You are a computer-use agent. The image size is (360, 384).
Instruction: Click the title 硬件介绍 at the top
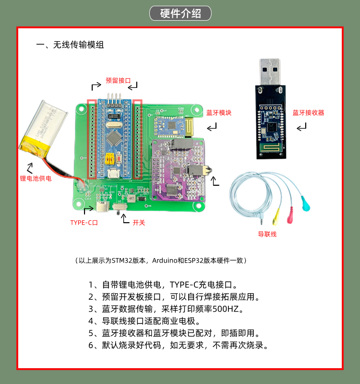pyautogui.click(x=180, y=13)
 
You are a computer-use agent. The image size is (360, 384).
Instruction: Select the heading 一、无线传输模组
pyautogui.click(x=70, y=45)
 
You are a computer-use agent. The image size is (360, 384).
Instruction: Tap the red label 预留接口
pyautogui.click(x=118, y=81)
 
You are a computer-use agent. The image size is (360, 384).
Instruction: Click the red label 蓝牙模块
pyautogui.click(x=219, y=113)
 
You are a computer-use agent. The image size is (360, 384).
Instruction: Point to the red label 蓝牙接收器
pyautogui.click(x=308, y=113)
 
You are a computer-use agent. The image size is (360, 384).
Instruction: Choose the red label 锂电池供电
pyautogui.click(x=36, y=178)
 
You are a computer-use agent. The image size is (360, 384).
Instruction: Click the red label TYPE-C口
pyautogui.click(x=84, y=223)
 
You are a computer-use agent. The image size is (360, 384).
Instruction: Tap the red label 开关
pyautogui.click(x=139, y=223)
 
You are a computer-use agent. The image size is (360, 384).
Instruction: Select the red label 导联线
pyautogui.click(x=267, y=234)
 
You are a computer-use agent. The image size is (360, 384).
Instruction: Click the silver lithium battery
pyautogui.click(x=43, y=129)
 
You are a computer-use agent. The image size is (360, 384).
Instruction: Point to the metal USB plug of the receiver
pyautogui.click(x=270, y=72)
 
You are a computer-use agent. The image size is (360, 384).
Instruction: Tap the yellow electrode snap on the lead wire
pyautogui.click(x=276, y=217)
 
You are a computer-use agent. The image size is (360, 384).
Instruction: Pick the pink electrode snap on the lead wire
pyautogui.click(x=290, y=215)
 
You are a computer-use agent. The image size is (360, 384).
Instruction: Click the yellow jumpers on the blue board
pyautogui.click(x=110, y=158)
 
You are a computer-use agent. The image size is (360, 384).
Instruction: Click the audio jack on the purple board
pyautogui.click(x=198, y=170)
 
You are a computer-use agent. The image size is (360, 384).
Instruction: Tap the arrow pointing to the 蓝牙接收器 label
pyautogui.click(x=301, y=127)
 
